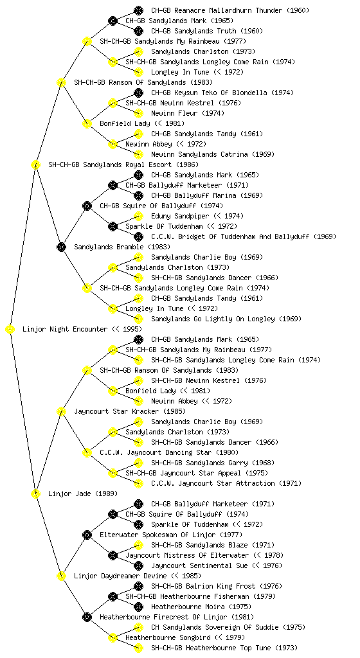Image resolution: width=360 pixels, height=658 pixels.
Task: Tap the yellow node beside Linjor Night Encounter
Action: [10, 330]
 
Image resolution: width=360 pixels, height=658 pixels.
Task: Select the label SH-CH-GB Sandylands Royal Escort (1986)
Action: [123, 165]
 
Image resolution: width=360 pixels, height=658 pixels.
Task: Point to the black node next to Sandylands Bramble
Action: [61, 247]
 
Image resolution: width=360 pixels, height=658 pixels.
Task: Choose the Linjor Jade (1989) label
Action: [83, 494]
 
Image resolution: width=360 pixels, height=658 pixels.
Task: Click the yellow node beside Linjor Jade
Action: [35, 494]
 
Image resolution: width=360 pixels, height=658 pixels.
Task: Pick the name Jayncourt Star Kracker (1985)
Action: [130, 412]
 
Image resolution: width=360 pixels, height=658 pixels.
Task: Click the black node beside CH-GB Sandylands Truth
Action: [138, 31]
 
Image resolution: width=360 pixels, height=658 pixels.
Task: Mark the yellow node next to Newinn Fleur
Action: [138, 113]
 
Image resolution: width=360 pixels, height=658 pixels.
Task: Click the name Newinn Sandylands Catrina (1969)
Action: [213, 154]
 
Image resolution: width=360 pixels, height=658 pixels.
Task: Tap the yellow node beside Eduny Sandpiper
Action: [138, 216]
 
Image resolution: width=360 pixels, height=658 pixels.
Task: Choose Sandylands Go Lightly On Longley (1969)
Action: [226, 319]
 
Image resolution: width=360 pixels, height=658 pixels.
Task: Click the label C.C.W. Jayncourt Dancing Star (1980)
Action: [169, 453]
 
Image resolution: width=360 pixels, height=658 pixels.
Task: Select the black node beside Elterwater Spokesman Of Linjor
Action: [87, 535]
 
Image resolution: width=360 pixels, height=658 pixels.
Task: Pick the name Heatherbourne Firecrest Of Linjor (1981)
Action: [177, 618]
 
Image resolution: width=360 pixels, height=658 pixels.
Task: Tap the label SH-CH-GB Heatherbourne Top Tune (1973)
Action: [224, 648]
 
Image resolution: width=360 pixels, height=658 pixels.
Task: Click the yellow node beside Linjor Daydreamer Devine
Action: [61, 576]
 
